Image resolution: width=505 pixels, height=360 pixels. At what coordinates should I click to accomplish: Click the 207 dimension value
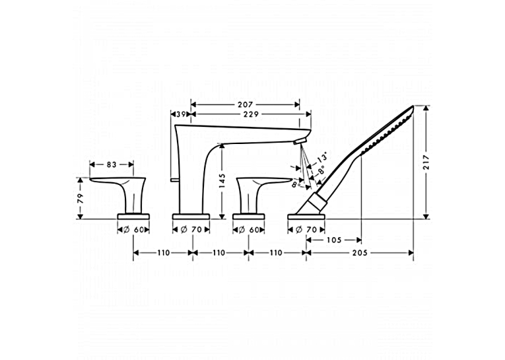pos(245,104)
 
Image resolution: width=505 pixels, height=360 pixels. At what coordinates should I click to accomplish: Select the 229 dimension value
pos(251,114)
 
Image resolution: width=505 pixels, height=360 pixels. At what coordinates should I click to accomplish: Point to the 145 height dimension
pos(222,180)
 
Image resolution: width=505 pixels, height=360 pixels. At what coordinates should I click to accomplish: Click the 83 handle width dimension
pos(112,164)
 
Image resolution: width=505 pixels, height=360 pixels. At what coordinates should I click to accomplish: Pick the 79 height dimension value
pos(80,198)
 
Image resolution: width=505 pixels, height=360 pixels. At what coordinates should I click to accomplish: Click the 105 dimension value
pos(334,240)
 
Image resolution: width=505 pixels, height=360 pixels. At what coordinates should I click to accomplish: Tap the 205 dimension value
pos(360,253)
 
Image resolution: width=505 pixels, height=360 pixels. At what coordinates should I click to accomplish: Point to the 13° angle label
pos(321,157)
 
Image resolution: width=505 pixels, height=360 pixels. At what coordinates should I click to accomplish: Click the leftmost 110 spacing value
pos(164,253)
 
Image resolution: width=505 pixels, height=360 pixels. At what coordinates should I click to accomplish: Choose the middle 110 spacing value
pos(219,253)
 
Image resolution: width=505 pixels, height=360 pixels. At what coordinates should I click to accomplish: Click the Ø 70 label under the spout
pos(191,230)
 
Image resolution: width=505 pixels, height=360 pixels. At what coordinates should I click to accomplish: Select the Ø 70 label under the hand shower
pos(306,230)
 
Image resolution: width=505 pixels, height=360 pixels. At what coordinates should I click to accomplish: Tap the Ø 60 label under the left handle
pos(133,230)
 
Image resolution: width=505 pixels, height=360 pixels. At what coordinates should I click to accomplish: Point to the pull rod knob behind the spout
pos(174,179)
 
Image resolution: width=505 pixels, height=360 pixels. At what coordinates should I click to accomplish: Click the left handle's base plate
pos(133,216)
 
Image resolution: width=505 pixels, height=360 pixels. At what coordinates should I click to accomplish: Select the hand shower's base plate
pos(306,216)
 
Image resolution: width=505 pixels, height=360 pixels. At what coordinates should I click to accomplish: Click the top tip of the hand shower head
pos(413,106)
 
